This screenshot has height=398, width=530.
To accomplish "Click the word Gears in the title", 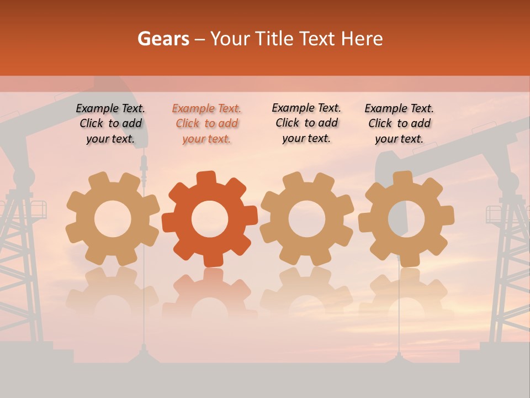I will point(163,39).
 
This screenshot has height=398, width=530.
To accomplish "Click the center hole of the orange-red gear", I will point(210,219).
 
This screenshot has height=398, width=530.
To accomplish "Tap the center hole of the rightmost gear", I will point(406,219).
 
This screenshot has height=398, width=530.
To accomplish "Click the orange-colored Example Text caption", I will point(206,123).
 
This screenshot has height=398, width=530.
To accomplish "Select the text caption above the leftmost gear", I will point(110,123).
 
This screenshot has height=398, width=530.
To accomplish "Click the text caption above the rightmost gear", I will point(399,123).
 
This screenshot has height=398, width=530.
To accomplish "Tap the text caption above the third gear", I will point(306,123).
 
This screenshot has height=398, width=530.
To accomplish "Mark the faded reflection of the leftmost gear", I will point(113,293).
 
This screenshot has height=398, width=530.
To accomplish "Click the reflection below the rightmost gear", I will point(406,293).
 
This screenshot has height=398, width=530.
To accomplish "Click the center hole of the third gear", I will point(306,219).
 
